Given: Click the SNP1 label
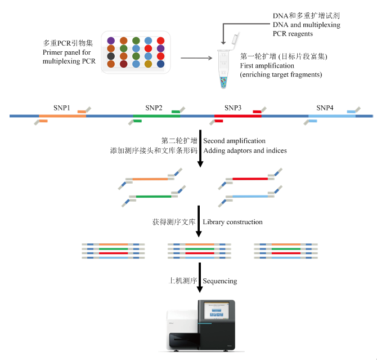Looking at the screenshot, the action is (x=62, y=108).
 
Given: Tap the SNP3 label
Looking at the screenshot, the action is (x=233, y=108).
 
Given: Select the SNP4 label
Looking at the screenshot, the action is (x=325, y=108).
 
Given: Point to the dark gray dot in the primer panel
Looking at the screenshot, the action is (x=111, y=56).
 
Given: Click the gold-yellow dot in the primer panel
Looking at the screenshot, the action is (x=148, y=64).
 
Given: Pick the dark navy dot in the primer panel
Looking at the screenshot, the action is (x=160, y=64).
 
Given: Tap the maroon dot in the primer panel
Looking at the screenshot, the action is (x=123, y=64).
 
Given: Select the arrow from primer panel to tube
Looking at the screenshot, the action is (x=196, y=58).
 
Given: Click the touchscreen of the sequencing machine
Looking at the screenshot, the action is (x=217, y=311).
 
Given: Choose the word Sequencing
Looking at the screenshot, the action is (x=220, y=281).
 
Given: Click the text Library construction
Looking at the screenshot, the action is (x=232, y=222).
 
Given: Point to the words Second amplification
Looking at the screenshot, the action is (x=234, y=141).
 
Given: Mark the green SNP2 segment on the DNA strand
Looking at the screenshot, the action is (x=156, y=116).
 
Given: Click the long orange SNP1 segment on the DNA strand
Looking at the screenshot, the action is (x=62, y=116).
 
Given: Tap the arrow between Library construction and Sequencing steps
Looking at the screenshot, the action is (x=200, y=277).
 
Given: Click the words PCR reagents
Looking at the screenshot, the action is (x=293, y=34).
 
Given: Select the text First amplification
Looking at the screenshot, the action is (x=267, y=65).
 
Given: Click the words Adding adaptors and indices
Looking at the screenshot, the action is (x=245, y=150).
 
